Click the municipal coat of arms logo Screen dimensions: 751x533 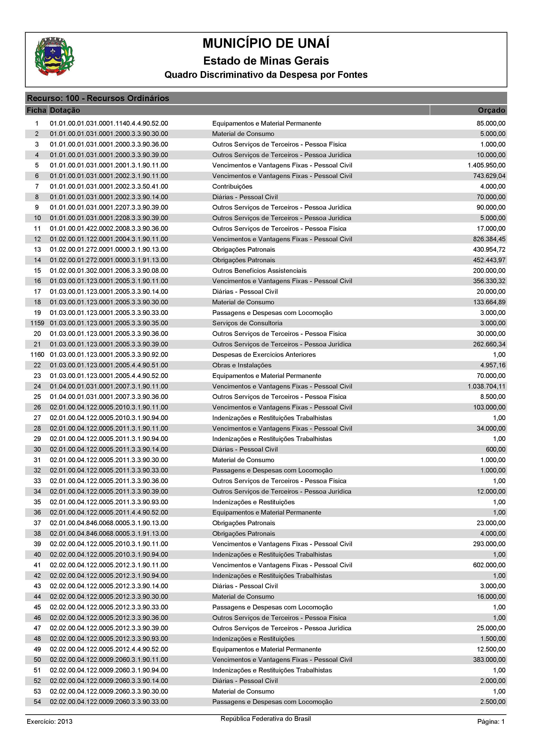click(x=54, y=57)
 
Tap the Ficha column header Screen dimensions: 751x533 click(x=36, y=110)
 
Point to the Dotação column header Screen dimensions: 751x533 click(x=65, y=110)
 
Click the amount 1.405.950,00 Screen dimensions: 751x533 click(x=486, y=165)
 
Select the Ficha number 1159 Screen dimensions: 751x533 click(x=37, y=323)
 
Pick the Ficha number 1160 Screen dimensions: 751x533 click(x=37, y=355)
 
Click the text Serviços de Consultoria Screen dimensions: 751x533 click(x=247, y=323)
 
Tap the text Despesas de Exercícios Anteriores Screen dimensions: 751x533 click(x=264, y=355)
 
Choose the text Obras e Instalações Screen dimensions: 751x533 click(x=242, y=365)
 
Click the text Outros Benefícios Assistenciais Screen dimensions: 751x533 click(x=259, y=271)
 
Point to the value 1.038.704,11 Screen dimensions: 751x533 click(x=486, y=386)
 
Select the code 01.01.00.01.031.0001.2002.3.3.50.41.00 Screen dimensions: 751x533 click(x=109, y=187)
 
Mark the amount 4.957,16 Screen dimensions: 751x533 click(x=493, y=365)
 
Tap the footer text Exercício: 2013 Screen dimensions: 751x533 click(x=49, y=722)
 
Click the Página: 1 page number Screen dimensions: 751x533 click(x=491, y=722)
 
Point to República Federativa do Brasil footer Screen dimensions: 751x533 click(x=265, y=719)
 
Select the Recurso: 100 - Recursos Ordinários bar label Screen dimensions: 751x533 click(x=98, y=98)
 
